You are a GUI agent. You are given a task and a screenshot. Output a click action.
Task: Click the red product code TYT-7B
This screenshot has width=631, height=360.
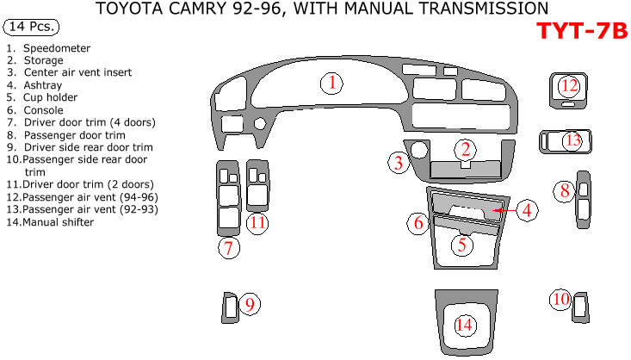(582, 32)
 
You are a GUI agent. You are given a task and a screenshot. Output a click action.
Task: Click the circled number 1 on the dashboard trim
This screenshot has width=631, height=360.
(331, 84)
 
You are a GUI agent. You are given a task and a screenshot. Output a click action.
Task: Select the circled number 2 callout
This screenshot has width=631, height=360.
(465, 149)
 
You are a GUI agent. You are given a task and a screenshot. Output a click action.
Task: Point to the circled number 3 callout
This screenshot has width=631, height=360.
(398, 162)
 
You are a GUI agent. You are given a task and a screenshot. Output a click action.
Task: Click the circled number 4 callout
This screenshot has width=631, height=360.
(528, 209)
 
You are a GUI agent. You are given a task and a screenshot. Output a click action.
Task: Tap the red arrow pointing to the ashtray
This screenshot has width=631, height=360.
(505, 209)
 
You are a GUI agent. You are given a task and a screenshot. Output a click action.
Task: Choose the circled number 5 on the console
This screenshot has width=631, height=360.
(462, 244)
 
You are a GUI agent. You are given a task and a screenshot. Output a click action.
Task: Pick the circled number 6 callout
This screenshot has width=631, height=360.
(418, 224)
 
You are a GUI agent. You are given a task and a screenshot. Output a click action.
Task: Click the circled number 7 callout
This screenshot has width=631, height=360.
(228, 249)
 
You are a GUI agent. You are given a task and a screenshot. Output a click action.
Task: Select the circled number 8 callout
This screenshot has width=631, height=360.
(564, 191)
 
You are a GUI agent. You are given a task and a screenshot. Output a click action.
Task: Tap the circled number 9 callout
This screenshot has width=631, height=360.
(249, 304)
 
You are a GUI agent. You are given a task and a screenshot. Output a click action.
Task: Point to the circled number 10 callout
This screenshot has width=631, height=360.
(560, 300)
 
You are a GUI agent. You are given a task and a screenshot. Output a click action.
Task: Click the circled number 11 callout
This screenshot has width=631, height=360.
(258, 223)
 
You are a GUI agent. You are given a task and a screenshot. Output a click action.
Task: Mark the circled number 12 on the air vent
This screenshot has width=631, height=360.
(568, 85)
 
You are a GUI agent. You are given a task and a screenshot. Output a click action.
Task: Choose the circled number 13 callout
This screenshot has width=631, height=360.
(572, 140)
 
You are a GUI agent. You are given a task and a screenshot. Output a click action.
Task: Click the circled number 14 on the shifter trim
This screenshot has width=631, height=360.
(465, 325)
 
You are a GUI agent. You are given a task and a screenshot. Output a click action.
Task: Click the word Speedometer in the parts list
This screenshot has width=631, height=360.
(57, 48)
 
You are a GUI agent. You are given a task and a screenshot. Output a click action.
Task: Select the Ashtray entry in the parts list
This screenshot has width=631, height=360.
(42, 85)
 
